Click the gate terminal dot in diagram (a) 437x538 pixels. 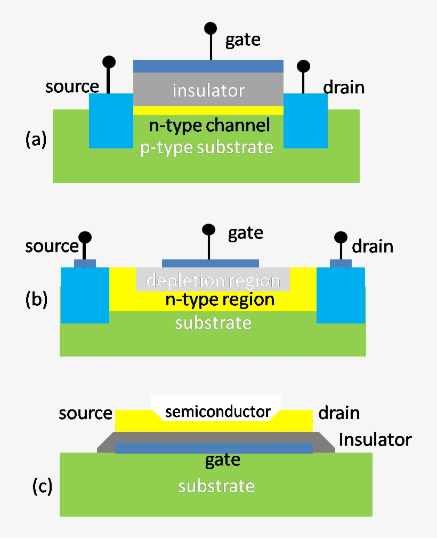click(211, 28)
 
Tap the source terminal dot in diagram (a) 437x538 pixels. click(109, 62)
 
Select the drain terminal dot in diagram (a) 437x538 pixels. click(303, 66)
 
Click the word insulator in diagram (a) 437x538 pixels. click(208, 90)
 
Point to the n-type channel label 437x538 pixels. click(209, 126)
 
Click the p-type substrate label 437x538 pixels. click(207, 147)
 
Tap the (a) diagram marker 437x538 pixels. click(36, 139)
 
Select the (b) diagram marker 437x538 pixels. click(36, 299)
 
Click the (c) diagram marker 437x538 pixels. click(42, 486)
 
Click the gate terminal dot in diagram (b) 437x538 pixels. click(208, 230)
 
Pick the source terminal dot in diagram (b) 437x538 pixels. click(84, 237)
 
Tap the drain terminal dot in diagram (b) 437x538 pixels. click(341, 237)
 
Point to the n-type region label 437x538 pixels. click(220, 299)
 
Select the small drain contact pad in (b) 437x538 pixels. click(341, 263)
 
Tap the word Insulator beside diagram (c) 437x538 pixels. click(375, 440)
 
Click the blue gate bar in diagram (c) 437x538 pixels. click(160, 448)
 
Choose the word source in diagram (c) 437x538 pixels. click(86, 413)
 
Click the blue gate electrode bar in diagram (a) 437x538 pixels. click(208, 66)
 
